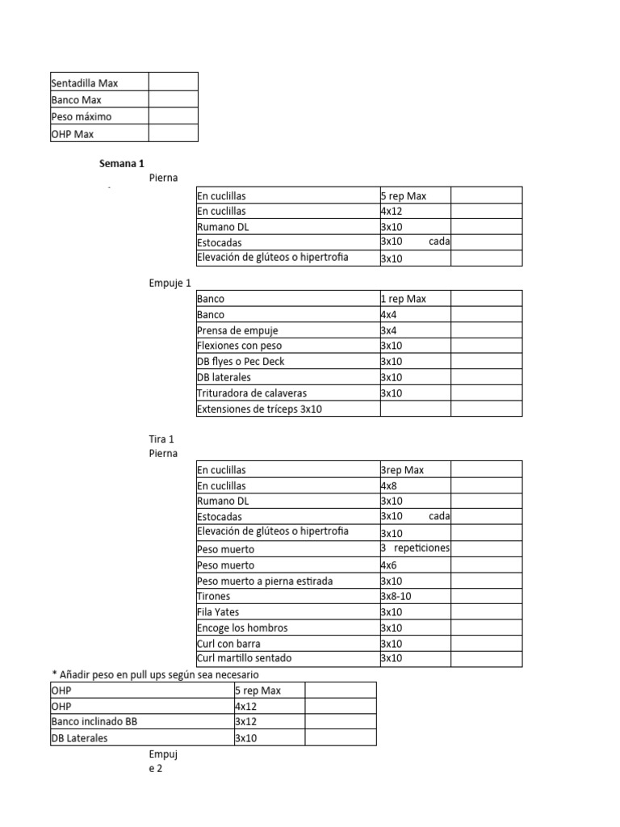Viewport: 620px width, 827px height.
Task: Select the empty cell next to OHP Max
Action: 173,133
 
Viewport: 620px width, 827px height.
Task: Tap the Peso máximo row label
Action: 82,116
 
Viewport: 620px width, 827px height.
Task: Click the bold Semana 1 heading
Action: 122,163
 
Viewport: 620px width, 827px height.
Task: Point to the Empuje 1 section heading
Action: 170,283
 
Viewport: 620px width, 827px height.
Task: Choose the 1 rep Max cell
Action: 403,299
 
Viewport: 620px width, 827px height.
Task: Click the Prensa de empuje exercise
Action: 237,330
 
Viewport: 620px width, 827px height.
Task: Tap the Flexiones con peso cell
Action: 239,346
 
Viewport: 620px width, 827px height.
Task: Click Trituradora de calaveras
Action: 252,393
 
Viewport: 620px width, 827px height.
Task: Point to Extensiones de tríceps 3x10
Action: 258,409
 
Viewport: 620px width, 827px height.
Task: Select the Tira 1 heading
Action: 161,439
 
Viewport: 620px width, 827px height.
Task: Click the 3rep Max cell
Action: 402,470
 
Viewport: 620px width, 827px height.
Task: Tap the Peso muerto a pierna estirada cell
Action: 265,581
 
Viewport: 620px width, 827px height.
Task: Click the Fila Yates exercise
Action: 218,612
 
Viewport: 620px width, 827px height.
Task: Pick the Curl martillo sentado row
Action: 244,658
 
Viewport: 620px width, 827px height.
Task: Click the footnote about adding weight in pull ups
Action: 155,674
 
